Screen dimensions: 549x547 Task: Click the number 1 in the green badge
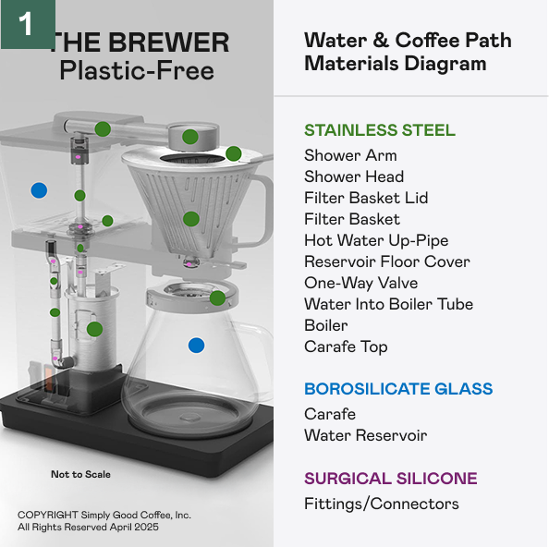tap(26, 24)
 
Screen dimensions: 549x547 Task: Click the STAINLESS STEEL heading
tap(380, 130)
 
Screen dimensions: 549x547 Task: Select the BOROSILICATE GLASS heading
tap(398, 389)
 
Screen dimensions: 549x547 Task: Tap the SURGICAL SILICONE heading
tap(391, 479)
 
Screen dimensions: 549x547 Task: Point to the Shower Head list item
tap(354, 176)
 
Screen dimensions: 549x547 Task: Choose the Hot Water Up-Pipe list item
tap(376, 241)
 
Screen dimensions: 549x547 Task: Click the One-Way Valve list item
tap(361, 283)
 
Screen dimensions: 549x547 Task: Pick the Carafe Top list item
tap(346, 347)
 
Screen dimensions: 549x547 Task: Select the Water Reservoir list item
tap(365, 435)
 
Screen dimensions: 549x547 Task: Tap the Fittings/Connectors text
tap(382, 504)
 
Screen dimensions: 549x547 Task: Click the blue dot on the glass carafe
tap(197, 346)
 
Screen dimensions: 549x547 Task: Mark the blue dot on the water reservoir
tap(39, 190)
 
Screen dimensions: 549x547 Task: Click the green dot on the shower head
tap(190, 137)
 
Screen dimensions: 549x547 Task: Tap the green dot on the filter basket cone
tap(191, 219)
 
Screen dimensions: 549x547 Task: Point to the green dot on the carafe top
tap(217, 298)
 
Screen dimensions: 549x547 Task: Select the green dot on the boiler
tap(94, 329)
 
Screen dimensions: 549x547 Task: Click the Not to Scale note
tap(80, 474)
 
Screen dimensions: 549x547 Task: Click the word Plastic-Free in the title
tap(137, 71)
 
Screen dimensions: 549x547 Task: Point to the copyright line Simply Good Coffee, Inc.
tap(104, 516)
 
